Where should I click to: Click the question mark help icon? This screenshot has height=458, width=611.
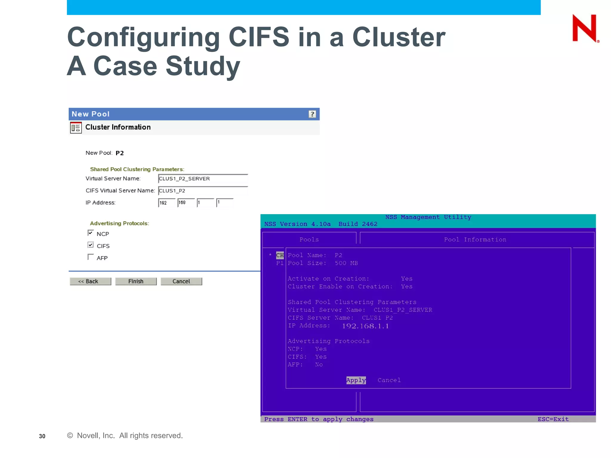312,114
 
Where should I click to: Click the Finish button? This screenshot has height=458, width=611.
136,281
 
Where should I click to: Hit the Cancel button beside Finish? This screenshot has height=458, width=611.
181,281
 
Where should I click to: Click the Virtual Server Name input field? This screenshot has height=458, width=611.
203,179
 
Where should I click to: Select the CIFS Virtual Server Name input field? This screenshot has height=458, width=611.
203,191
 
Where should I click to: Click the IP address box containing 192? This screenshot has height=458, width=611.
167,203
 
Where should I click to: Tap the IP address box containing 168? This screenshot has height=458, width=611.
186,203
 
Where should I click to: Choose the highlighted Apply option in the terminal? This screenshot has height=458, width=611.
356,380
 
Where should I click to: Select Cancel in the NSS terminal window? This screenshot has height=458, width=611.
389,380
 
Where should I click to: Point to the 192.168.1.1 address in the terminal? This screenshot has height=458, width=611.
365,326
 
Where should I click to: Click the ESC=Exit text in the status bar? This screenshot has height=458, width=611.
553,419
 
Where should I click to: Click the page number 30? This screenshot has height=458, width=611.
42,436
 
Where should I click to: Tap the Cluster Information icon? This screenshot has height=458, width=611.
76,128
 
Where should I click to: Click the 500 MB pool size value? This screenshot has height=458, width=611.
346,263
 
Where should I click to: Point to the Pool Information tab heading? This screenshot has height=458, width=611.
475,240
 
